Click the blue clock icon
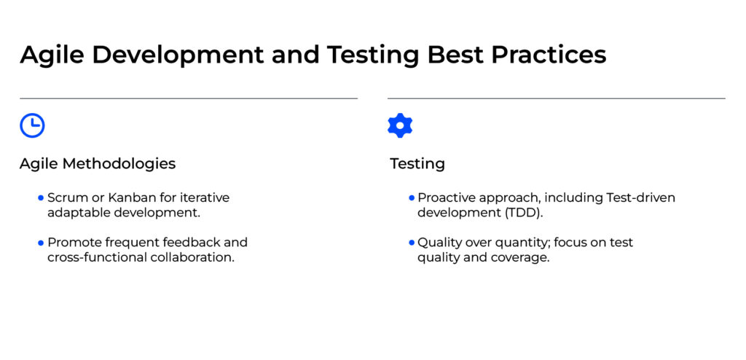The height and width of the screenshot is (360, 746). pos(32,126)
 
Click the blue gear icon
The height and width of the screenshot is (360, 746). pos(400,126)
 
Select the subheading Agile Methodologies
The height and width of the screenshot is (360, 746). pos(98,164)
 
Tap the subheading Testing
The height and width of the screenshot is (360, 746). pos(417,164)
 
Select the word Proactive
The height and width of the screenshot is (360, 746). pos(446,197)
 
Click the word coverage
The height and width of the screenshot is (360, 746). pos(520,257)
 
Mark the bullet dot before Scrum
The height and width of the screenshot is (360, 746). pos(41,197)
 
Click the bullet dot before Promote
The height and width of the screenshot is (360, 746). pos(41,242)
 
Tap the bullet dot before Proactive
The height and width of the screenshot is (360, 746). pos(411,197)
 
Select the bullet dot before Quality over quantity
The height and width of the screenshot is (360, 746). pos(411,242)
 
